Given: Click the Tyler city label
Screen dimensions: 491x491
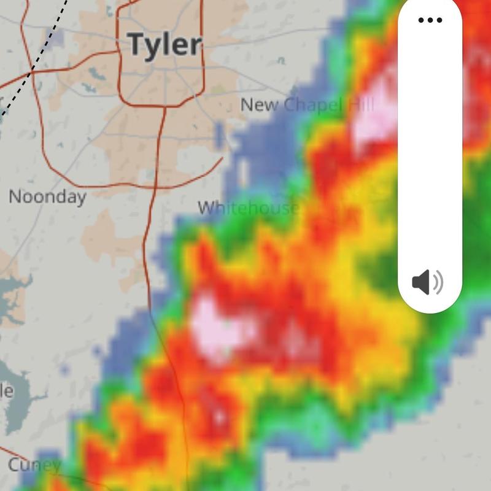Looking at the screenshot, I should [164, 44].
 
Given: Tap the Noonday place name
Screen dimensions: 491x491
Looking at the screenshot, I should [47, 197].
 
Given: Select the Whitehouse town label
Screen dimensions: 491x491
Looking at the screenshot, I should [248, 207].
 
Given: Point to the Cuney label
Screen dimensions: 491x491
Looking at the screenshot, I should [34, 465].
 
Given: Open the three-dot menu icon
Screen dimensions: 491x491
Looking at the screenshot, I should [430, 20].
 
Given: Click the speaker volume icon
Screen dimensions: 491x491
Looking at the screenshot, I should [427, 283].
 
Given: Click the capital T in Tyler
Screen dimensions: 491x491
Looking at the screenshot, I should [136, 44].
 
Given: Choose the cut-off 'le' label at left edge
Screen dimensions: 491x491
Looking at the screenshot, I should [6, 391].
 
